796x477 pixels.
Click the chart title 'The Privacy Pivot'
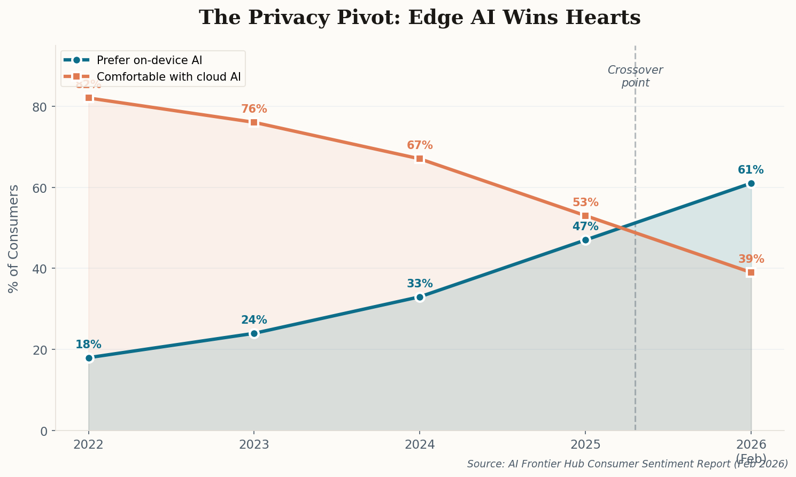(x=419, y=18)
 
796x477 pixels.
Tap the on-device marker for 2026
(x=751, y=183)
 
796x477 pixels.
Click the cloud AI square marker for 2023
(x=254, y=122)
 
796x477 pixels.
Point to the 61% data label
(x=751, y=170)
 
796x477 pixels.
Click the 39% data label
(x=751, y=259)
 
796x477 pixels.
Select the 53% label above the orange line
(x=585, y=202)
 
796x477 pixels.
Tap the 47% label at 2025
(x=585, y=226)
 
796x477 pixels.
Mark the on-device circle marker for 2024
(x=420, y=297)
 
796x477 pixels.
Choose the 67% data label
(x=420, y=145)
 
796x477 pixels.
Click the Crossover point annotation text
(x=635, y=76)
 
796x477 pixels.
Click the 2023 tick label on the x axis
(x=254, y=445)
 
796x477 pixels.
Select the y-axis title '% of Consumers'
(x=14, y=238)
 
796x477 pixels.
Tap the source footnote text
(x=627, y=464)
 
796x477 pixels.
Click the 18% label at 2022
(x=88, y=345)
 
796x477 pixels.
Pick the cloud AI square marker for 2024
(x=420, y=159)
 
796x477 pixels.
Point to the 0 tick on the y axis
(x=44, y=431)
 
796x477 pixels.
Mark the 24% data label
(x=254, y=320)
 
